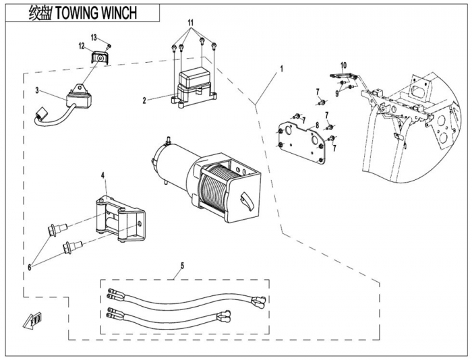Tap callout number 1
[x=281, y=68]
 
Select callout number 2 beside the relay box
[x=144, y=100]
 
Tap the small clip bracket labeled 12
[x=100, y=59]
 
